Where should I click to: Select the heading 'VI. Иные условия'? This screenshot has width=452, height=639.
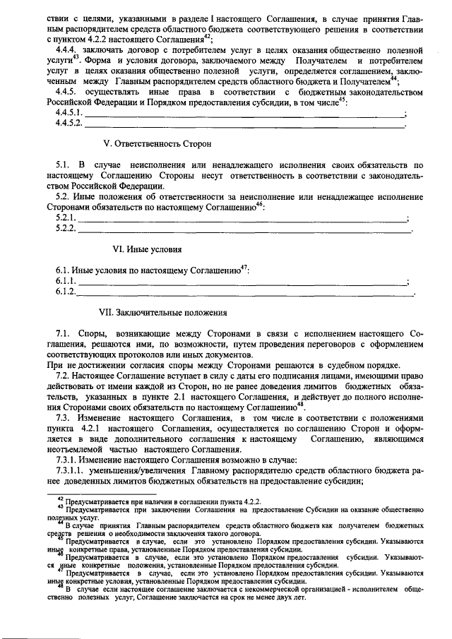coord(148,249)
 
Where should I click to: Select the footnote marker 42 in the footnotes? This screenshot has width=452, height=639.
coord(59,498)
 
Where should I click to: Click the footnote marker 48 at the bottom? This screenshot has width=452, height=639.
coord(59,586)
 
